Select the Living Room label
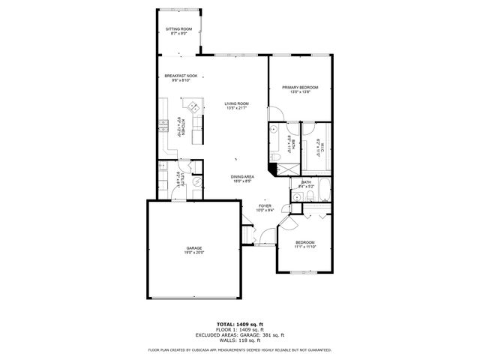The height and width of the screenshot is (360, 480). [x=237, y=104]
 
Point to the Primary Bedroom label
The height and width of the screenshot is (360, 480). [x=300, y=88]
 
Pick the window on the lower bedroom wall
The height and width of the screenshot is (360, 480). [x=307, y=271]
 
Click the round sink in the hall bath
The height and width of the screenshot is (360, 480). [x=298, y=196]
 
